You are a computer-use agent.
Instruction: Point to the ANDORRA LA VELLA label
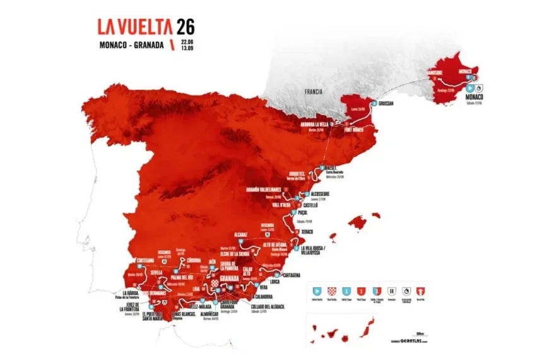[x=317, y=124]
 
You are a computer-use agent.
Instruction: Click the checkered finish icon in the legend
[x=332, y=291]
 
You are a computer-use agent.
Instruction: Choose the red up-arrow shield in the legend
[x=420, y=291]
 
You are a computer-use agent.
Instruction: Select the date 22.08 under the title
[x=187, y=40]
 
